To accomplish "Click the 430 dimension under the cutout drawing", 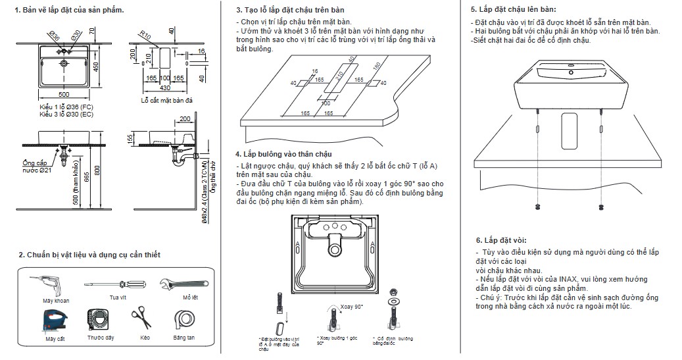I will (165, 88).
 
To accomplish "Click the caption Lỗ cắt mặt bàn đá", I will (167, 100).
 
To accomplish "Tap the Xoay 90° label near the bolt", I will (352, 307).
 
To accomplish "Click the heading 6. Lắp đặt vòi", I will (500, 240).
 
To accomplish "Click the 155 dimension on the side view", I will (131, 140).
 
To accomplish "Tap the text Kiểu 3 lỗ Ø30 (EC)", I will (66, 115).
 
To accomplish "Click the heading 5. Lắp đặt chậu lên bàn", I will (513, 10).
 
